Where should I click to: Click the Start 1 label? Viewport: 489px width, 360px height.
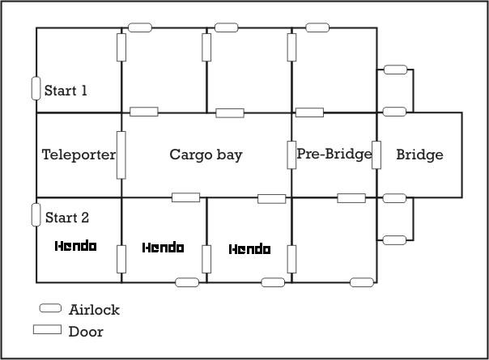click(66, 91)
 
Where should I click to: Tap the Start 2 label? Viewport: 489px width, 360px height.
click(67, 218)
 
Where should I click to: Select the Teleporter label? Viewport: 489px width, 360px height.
click(79, 155)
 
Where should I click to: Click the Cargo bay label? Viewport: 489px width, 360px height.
click(206, 155)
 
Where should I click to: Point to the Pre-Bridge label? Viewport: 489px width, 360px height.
click(334, 154)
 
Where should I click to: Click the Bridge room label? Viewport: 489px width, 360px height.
click(419, 155)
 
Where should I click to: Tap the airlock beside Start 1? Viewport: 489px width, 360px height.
click(36, 88)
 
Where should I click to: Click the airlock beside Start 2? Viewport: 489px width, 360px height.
click(36, 214)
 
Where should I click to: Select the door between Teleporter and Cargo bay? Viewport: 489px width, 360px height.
click(121, 155)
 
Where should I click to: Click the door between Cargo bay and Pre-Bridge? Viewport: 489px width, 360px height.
click(291, 155)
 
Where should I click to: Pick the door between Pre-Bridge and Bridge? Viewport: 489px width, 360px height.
click(376, 155)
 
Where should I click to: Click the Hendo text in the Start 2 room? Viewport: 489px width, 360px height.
click(76, 246)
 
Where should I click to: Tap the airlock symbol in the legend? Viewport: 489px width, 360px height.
click(50, 308)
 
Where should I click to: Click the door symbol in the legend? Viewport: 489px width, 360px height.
click(48, 329)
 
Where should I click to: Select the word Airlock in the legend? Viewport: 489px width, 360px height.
click(94, 310)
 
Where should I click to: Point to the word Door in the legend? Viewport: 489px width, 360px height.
click(86, 332)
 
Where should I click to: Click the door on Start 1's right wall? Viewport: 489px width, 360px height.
click(121, 48)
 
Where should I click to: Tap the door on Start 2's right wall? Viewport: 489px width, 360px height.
click(121, 259)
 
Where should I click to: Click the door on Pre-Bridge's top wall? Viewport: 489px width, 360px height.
click(310, 112)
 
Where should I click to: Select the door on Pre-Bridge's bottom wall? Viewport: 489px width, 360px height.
click(351, 198)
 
